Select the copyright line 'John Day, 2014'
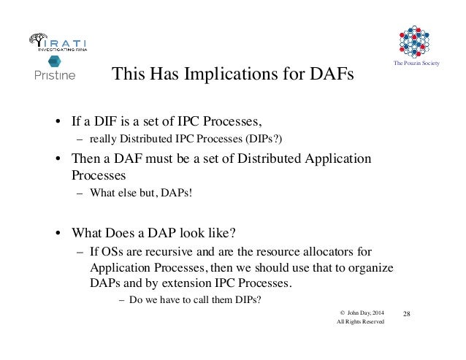tap(364, 313)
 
